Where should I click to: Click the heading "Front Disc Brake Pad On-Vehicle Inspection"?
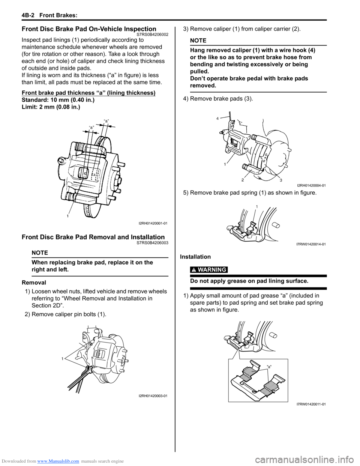[89, 29]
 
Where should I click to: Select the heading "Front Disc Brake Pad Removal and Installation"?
[93, 237]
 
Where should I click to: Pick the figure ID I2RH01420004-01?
[311, 185]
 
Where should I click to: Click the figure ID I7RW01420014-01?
[311, 244]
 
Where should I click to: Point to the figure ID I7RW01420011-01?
[311, 404]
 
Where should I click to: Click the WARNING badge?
[208, 270]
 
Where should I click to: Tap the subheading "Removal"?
[34, 283]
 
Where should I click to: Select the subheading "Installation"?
[195, 257]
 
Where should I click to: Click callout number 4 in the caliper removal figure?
[217, 119]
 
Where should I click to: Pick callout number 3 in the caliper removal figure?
[281, 180]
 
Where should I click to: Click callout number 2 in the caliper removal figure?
[243, 180]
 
